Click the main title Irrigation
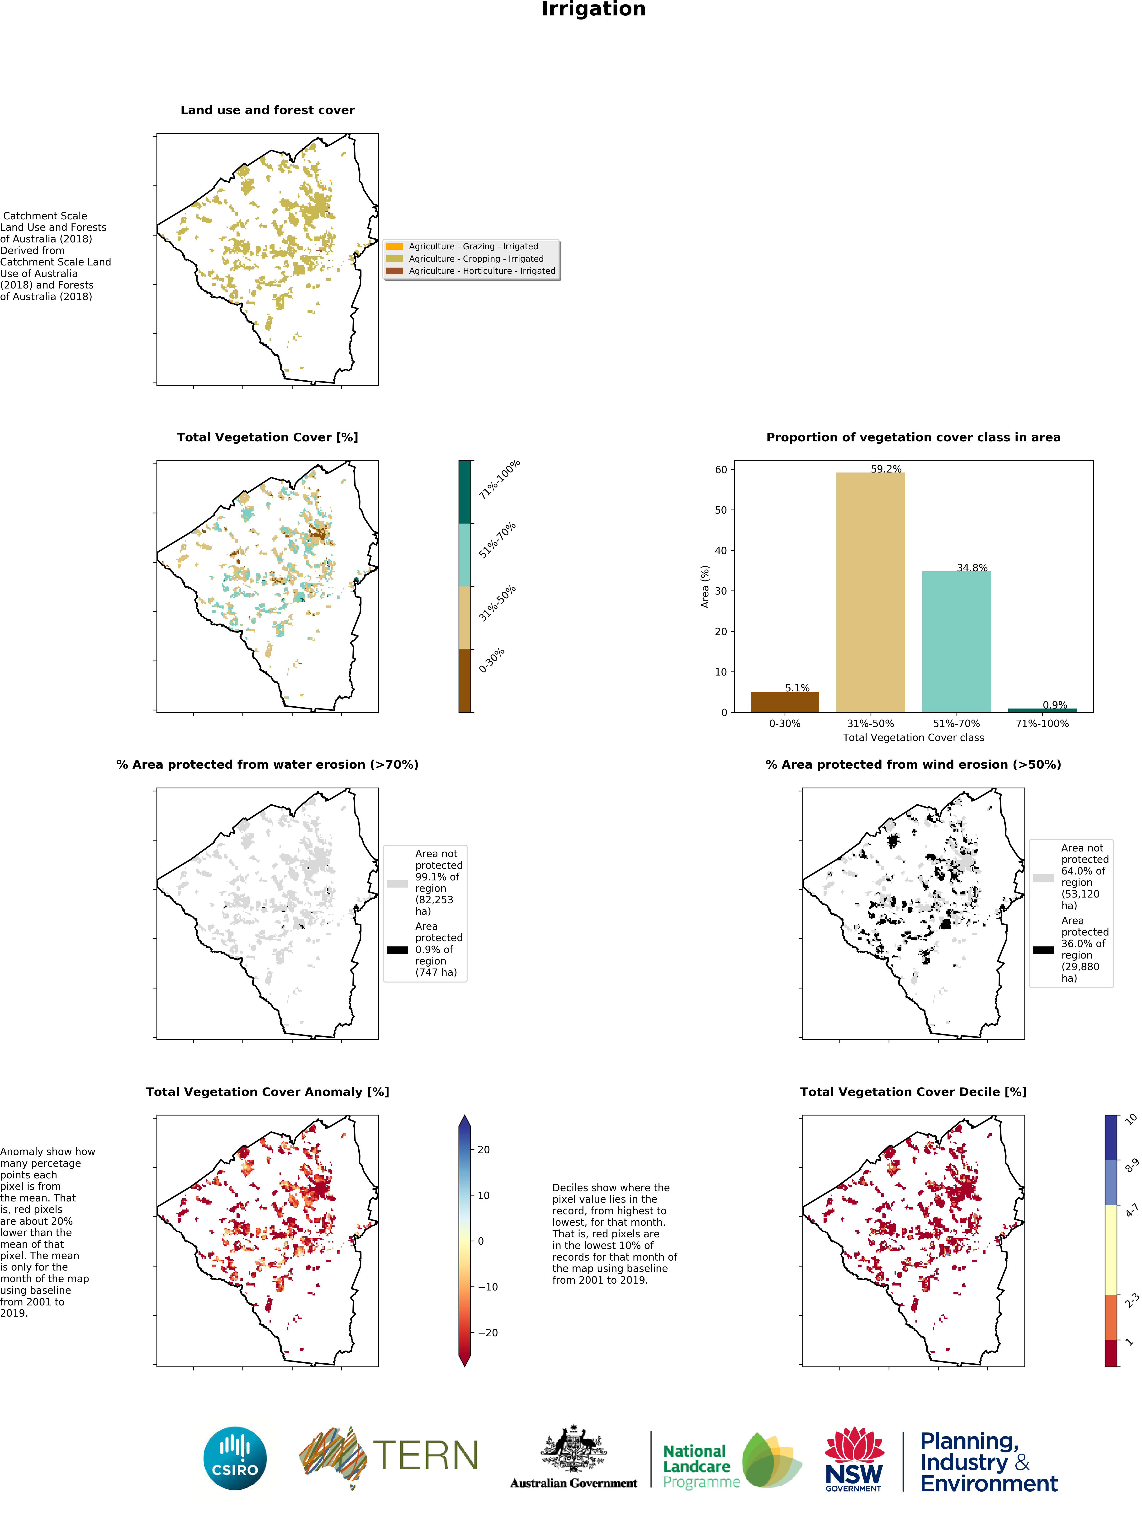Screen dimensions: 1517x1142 point(593,9)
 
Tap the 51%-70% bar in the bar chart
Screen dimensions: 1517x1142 point(956,641)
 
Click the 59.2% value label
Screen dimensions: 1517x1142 point(886,469)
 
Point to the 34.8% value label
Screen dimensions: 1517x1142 point(972,568)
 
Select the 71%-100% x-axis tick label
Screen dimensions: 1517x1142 point(1042,723)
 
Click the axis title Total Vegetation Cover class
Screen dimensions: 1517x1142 point(913,738)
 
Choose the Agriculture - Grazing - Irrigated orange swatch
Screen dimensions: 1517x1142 point(394,246)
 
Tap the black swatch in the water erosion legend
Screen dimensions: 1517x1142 point(397,950)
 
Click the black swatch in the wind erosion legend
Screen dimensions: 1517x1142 point(1043,950)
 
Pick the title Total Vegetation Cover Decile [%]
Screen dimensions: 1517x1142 point(913,1092)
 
